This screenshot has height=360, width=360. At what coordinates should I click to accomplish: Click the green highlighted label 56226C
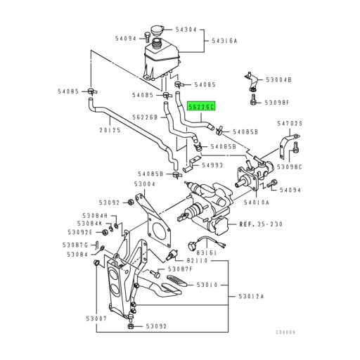[202, 107]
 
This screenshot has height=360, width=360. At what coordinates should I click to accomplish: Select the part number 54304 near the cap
[186, 30]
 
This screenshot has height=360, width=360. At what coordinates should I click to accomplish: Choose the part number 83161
[207, 251]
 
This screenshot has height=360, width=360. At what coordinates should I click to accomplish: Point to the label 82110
[207, 260]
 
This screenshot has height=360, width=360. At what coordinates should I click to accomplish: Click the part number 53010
[209, 285]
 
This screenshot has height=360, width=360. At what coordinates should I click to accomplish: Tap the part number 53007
[97, 319]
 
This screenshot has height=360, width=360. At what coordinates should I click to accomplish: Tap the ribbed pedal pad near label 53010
[172, 284]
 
